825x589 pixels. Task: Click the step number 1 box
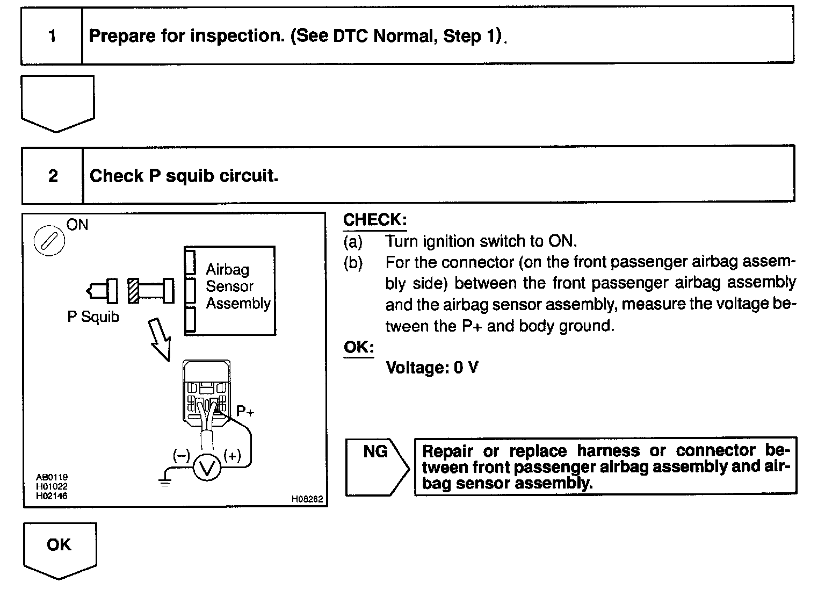52,36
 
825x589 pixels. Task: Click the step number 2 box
53,176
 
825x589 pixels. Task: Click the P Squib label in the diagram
93,317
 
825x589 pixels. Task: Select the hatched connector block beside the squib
133,291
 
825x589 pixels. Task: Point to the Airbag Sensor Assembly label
237,286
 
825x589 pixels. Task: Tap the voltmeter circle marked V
207,468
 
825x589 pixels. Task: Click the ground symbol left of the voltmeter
165,480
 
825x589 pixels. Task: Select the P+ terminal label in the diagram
245,412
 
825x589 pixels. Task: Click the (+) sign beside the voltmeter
232,456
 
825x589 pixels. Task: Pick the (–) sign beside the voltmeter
181,456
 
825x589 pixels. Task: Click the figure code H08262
307,499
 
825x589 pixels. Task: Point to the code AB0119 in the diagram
52,477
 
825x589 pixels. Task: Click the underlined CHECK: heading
375,220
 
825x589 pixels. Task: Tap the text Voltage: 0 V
432,368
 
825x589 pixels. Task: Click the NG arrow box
376,466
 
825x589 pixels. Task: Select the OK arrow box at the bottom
59,547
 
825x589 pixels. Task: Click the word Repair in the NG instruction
448,450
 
